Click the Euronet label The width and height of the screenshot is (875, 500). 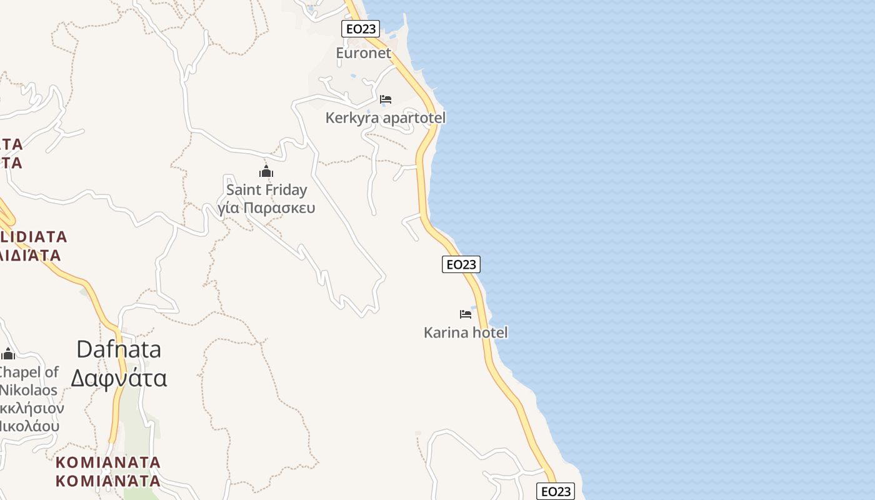coord(364,53)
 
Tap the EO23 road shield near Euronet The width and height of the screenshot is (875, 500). coord(361,29)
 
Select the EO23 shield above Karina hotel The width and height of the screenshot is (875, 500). coord(461,264)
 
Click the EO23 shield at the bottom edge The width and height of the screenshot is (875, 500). coord(556,491)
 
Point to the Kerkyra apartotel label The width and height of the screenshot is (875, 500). coord(386,117)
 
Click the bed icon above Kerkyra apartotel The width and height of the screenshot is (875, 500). coord(386,99)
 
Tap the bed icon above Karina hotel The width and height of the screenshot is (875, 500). coord(466,314)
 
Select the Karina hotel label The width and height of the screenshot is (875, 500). coord(466,332)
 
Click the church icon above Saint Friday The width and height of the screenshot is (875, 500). coord(266,172)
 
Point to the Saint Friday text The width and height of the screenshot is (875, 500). coord(267,189)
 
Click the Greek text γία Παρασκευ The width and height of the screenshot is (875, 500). coord(267,208)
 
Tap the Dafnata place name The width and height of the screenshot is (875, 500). coord(119,349)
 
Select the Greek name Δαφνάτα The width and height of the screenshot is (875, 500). coord(119,378)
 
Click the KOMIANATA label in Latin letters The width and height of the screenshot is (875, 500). coord(108,462)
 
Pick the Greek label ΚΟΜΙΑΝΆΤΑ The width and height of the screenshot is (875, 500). coord(108,481)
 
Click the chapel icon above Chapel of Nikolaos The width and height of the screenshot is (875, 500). coord(8,354)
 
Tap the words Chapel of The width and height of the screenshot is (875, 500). coord(28,372)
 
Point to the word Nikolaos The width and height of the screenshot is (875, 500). coord(29,391)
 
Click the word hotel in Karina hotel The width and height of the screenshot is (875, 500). coord(490,332)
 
